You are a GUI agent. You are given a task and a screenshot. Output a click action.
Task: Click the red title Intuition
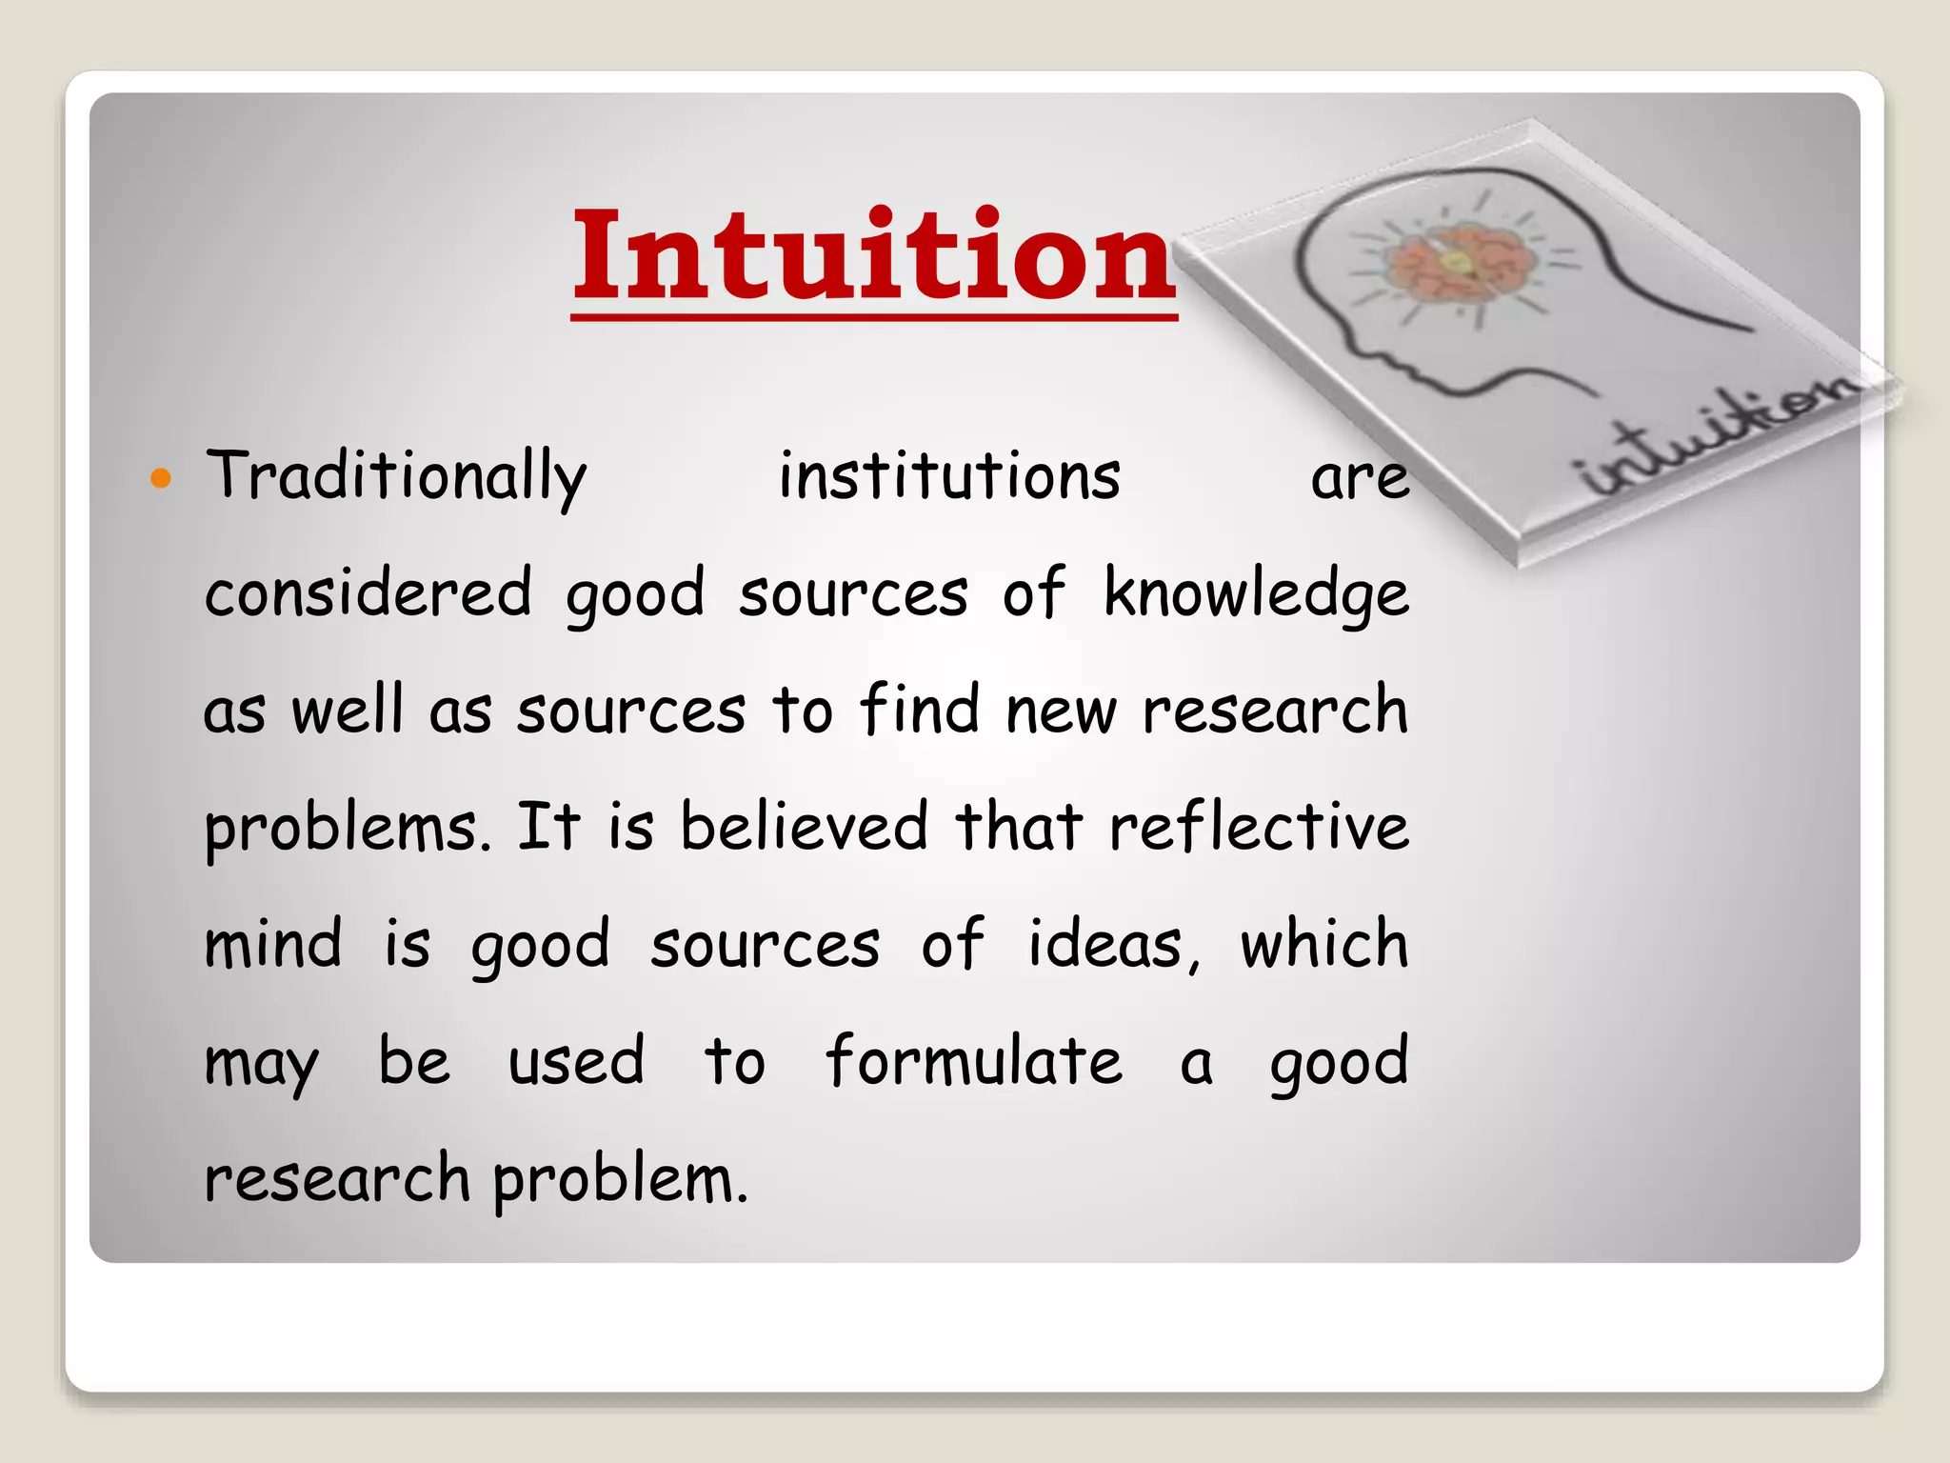click(x=873, y=255)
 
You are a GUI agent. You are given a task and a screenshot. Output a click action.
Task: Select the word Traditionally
click(x=396, y=475)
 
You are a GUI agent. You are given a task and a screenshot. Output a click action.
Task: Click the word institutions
click(x=949, y=475)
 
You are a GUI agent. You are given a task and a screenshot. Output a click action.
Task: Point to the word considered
click(x=368, y=592)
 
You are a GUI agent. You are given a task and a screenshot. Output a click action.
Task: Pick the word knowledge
click(x=1256, y=594)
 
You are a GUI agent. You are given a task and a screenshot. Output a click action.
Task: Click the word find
click(x=919, y=710)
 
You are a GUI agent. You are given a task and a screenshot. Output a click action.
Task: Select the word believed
click(x=804, y=826)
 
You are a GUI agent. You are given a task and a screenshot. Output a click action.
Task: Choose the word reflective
click(x=1259, y=826)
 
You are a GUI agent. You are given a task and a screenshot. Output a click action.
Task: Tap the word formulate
click(x=973, y=1060)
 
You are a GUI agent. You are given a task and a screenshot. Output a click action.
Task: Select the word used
click(x=576, y=1061)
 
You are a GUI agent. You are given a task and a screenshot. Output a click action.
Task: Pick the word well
click(x=348, y=710)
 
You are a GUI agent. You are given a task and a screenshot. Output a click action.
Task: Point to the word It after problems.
click(x=547, y=826)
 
